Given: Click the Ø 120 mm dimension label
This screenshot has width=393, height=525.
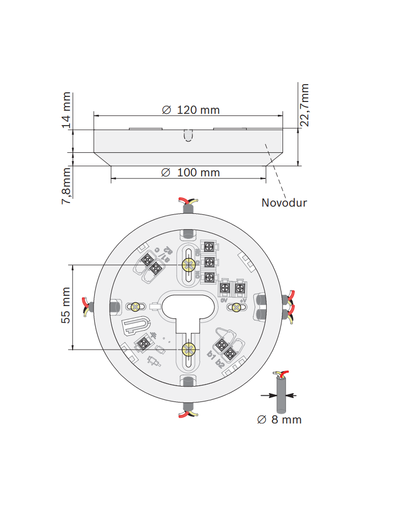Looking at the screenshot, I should coord(190,110).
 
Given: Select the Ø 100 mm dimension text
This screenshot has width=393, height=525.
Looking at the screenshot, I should coord(190,172).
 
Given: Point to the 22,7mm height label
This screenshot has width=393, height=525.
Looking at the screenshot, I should coord(304,105).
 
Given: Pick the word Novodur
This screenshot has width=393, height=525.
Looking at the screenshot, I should coord(284,203).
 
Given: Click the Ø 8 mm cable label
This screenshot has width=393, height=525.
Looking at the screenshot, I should coord(279,419).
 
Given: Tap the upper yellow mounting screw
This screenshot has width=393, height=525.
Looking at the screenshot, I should coord(188,265).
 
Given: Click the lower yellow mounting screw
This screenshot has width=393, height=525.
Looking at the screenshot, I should coord(188,350).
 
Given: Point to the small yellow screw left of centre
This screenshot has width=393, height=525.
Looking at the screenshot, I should coord(136,307).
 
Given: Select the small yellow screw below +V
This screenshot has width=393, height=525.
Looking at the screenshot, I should coord(236,307).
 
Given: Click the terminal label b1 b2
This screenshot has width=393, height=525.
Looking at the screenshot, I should coord(215,359).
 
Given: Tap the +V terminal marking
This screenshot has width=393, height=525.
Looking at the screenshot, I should coord(243,300).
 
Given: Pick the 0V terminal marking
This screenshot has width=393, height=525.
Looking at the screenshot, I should coord(224,300).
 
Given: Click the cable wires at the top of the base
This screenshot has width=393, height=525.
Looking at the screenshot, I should coord(187,201).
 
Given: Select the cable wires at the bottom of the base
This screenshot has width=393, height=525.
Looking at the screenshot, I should coord(188,413).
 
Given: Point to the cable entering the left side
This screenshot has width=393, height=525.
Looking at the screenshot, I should coord(88,306).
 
